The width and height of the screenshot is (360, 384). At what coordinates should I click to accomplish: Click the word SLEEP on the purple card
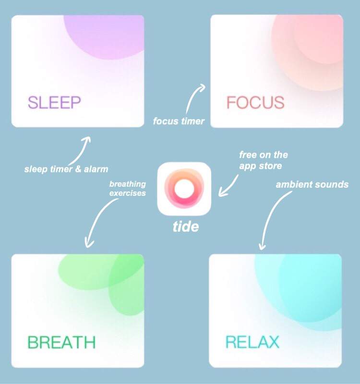[54, 102]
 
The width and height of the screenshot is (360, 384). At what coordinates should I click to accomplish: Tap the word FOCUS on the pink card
[255, 102]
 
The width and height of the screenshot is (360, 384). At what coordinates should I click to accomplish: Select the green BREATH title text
[61, 342]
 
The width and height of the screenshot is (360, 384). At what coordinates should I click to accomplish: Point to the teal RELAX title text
[252, 342]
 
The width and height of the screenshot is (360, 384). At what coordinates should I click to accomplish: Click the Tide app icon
[184, 189]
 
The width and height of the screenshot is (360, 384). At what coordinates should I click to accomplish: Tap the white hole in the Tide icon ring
[184, 189]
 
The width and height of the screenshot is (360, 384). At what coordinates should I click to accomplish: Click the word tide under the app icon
[186, 227]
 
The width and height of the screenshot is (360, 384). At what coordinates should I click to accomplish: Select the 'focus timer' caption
[179, 121]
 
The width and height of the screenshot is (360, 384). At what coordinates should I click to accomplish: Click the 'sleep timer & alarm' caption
[66, 169]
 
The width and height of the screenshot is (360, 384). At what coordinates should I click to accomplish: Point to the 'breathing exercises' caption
[128, 189]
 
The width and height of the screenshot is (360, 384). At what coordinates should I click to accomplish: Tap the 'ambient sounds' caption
[312, 184]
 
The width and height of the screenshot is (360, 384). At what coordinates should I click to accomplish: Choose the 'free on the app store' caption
[264, 160]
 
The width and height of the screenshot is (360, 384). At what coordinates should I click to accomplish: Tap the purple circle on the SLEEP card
[104, 37]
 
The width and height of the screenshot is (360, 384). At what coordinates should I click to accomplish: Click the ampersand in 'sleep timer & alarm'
[78, 169]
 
